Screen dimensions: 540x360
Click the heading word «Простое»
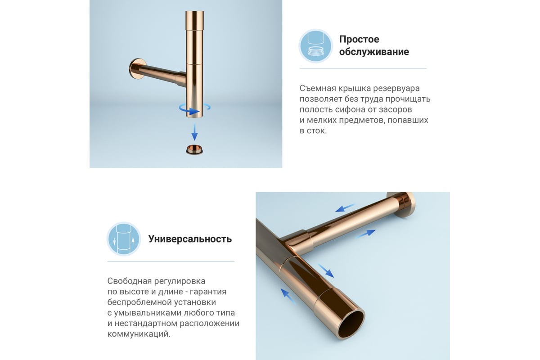[359, 39]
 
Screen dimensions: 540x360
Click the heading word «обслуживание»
[374, 52]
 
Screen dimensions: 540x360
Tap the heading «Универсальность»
[190, 239]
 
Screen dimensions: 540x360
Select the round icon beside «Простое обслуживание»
[316, 46]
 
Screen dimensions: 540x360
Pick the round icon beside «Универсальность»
[124, 238]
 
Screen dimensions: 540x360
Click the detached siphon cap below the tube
[194, 150]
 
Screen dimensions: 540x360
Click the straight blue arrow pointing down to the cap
[194, 132]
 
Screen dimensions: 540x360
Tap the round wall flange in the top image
[137, 69]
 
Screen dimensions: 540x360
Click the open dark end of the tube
[351, 324]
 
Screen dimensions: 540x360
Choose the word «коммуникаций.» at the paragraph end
[139, 334]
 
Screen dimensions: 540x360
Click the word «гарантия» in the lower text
[208, 292]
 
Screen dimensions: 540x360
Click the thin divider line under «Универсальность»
[171, 261]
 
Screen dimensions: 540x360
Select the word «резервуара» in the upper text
[396, 89]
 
